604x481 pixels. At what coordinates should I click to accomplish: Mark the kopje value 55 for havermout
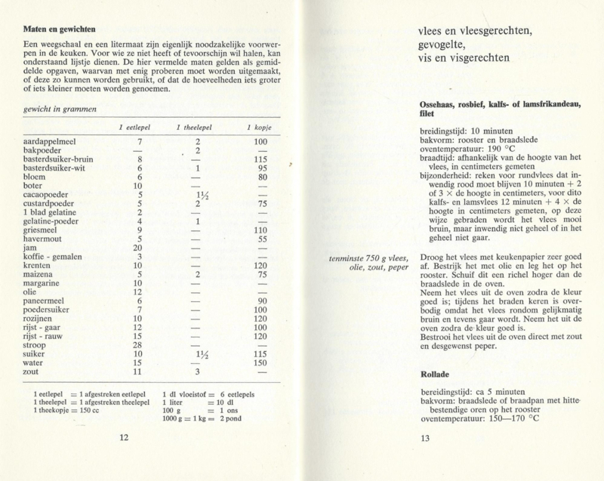tap(262, 239)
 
